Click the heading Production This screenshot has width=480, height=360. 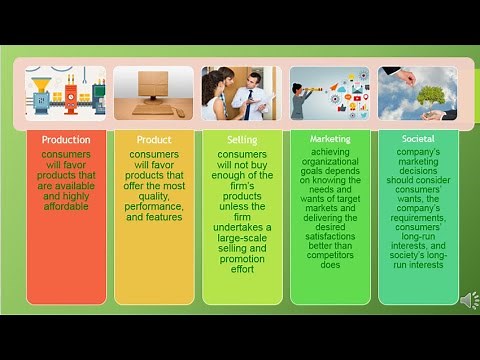click(x=65, y=140)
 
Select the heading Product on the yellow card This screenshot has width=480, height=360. click(x=153, y=140)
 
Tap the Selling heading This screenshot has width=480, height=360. click(x=241, y=140)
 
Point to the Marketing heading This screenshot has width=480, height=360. click(x=329, y=139)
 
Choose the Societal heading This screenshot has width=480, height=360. click(x=418, y=139)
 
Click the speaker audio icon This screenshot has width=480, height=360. click(x=468, y=300)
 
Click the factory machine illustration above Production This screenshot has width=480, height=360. click(x=65, y=93)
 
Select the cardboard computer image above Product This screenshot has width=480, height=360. click(x=153, y=93)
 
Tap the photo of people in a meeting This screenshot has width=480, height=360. click(x=241, y=93)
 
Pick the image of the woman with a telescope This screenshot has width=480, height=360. click(x=329, y=93)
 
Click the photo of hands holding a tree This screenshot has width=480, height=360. click(x=418, y=93)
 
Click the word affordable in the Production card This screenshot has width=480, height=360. click(x=65, y=206)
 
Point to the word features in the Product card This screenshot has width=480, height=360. click(x=153, y=217)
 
